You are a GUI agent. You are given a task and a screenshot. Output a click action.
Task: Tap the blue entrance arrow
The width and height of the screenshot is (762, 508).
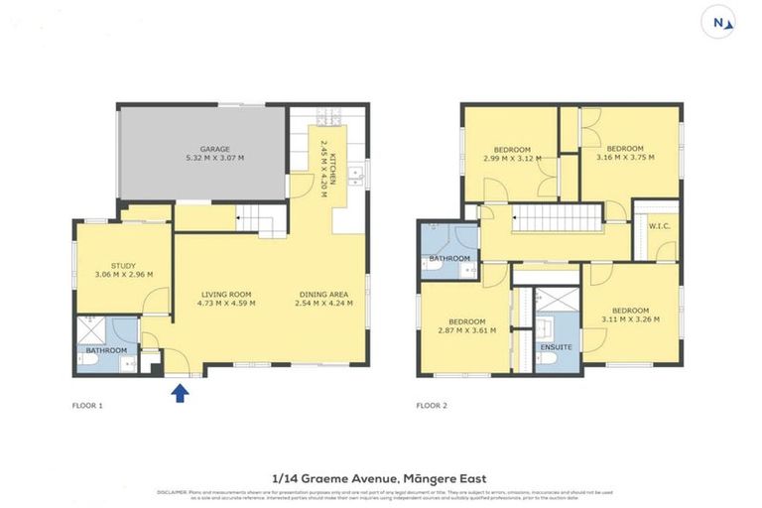coord(180,393)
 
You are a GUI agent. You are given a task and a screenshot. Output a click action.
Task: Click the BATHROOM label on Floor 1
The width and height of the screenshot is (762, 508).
coord(106,350)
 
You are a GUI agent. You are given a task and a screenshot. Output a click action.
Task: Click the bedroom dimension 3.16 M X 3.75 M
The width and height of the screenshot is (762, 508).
coord(626,157)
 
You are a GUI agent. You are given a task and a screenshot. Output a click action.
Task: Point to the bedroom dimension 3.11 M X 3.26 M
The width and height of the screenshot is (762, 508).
coord(631,319)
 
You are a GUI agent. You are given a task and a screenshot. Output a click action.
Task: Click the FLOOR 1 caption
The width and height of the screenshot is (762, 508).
coord(87,406)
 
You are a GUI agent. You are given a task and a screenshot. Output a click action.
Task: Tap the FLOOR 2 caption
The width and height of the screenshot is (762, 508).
coord(431,406)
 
